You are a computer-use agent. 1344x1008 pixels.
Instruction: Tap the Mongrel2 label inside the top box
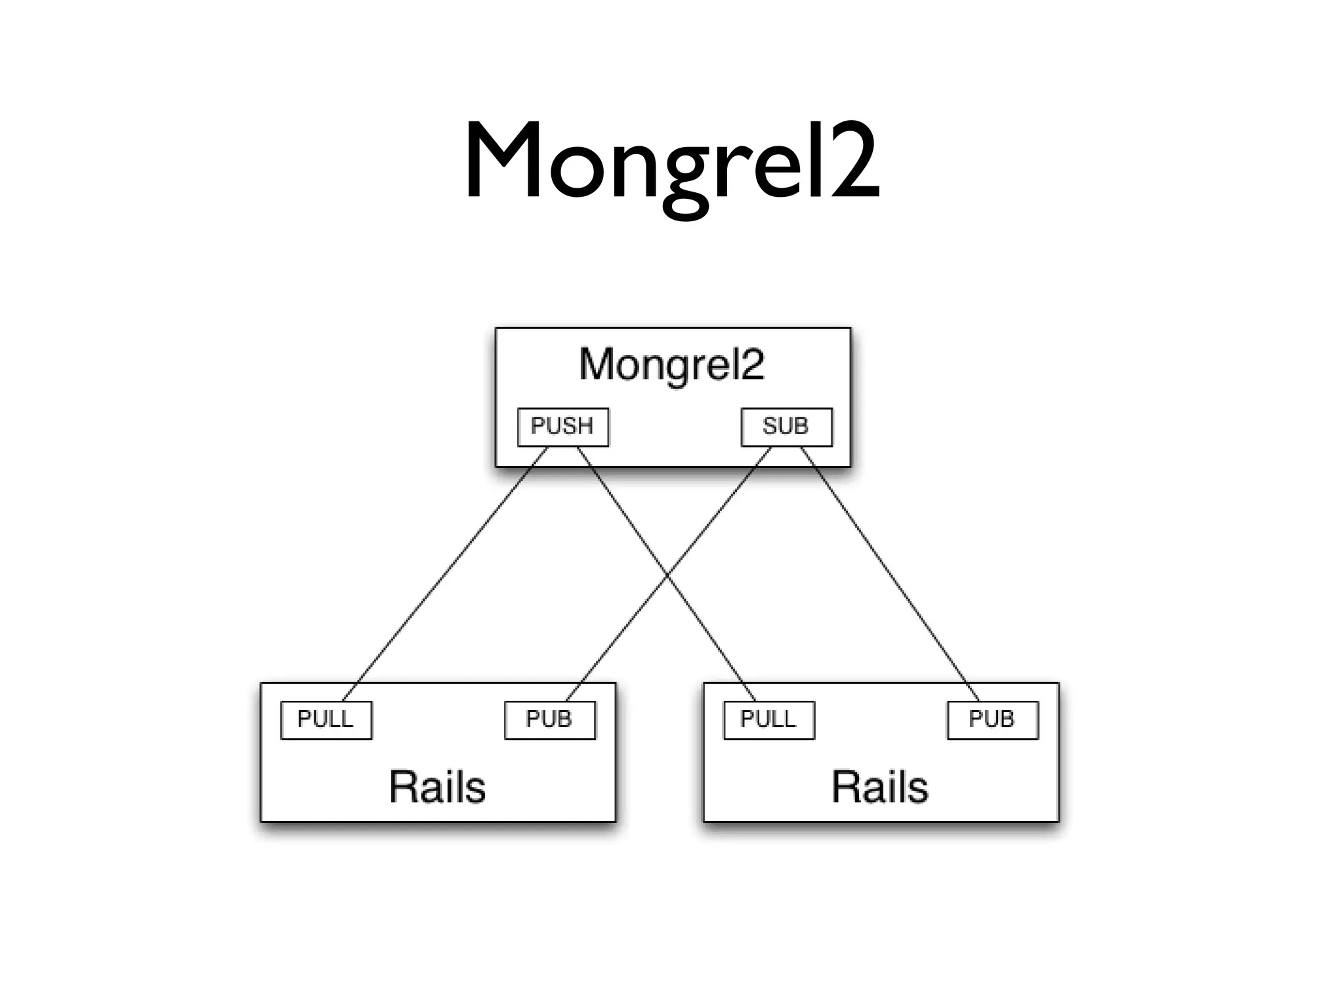coord(672,364)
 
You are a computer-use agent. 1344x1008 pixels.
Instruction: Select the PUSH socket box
coord(563,427)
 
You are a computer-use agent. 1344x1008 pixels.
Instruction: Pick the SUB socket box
coord(786,427)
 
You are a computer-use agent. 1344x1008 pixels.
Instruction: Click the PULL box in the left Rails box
coord(326,720)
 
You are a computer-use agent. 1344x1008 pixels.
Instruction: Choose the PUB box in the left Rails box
coord(549,720)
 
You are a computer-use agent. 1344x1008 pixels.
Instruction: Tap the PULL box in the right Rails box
coord(769,720)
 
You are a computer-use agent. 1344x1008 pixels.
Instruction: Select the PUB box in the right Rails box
coord(992,720)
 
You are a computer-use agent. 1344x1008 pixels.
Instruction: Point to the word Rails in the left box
coord(437,787)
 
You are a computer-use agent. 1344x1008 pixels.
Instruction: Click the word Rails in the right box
coord(880,787)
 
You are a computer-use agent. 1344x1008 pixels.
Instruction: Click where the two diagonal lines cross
coord(667,576)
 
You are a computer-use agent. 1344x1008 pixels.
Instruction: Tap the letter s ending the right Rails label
coord(918,789)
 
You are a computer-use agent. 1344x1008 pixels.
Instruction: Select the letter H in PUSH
coord(584,427)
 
